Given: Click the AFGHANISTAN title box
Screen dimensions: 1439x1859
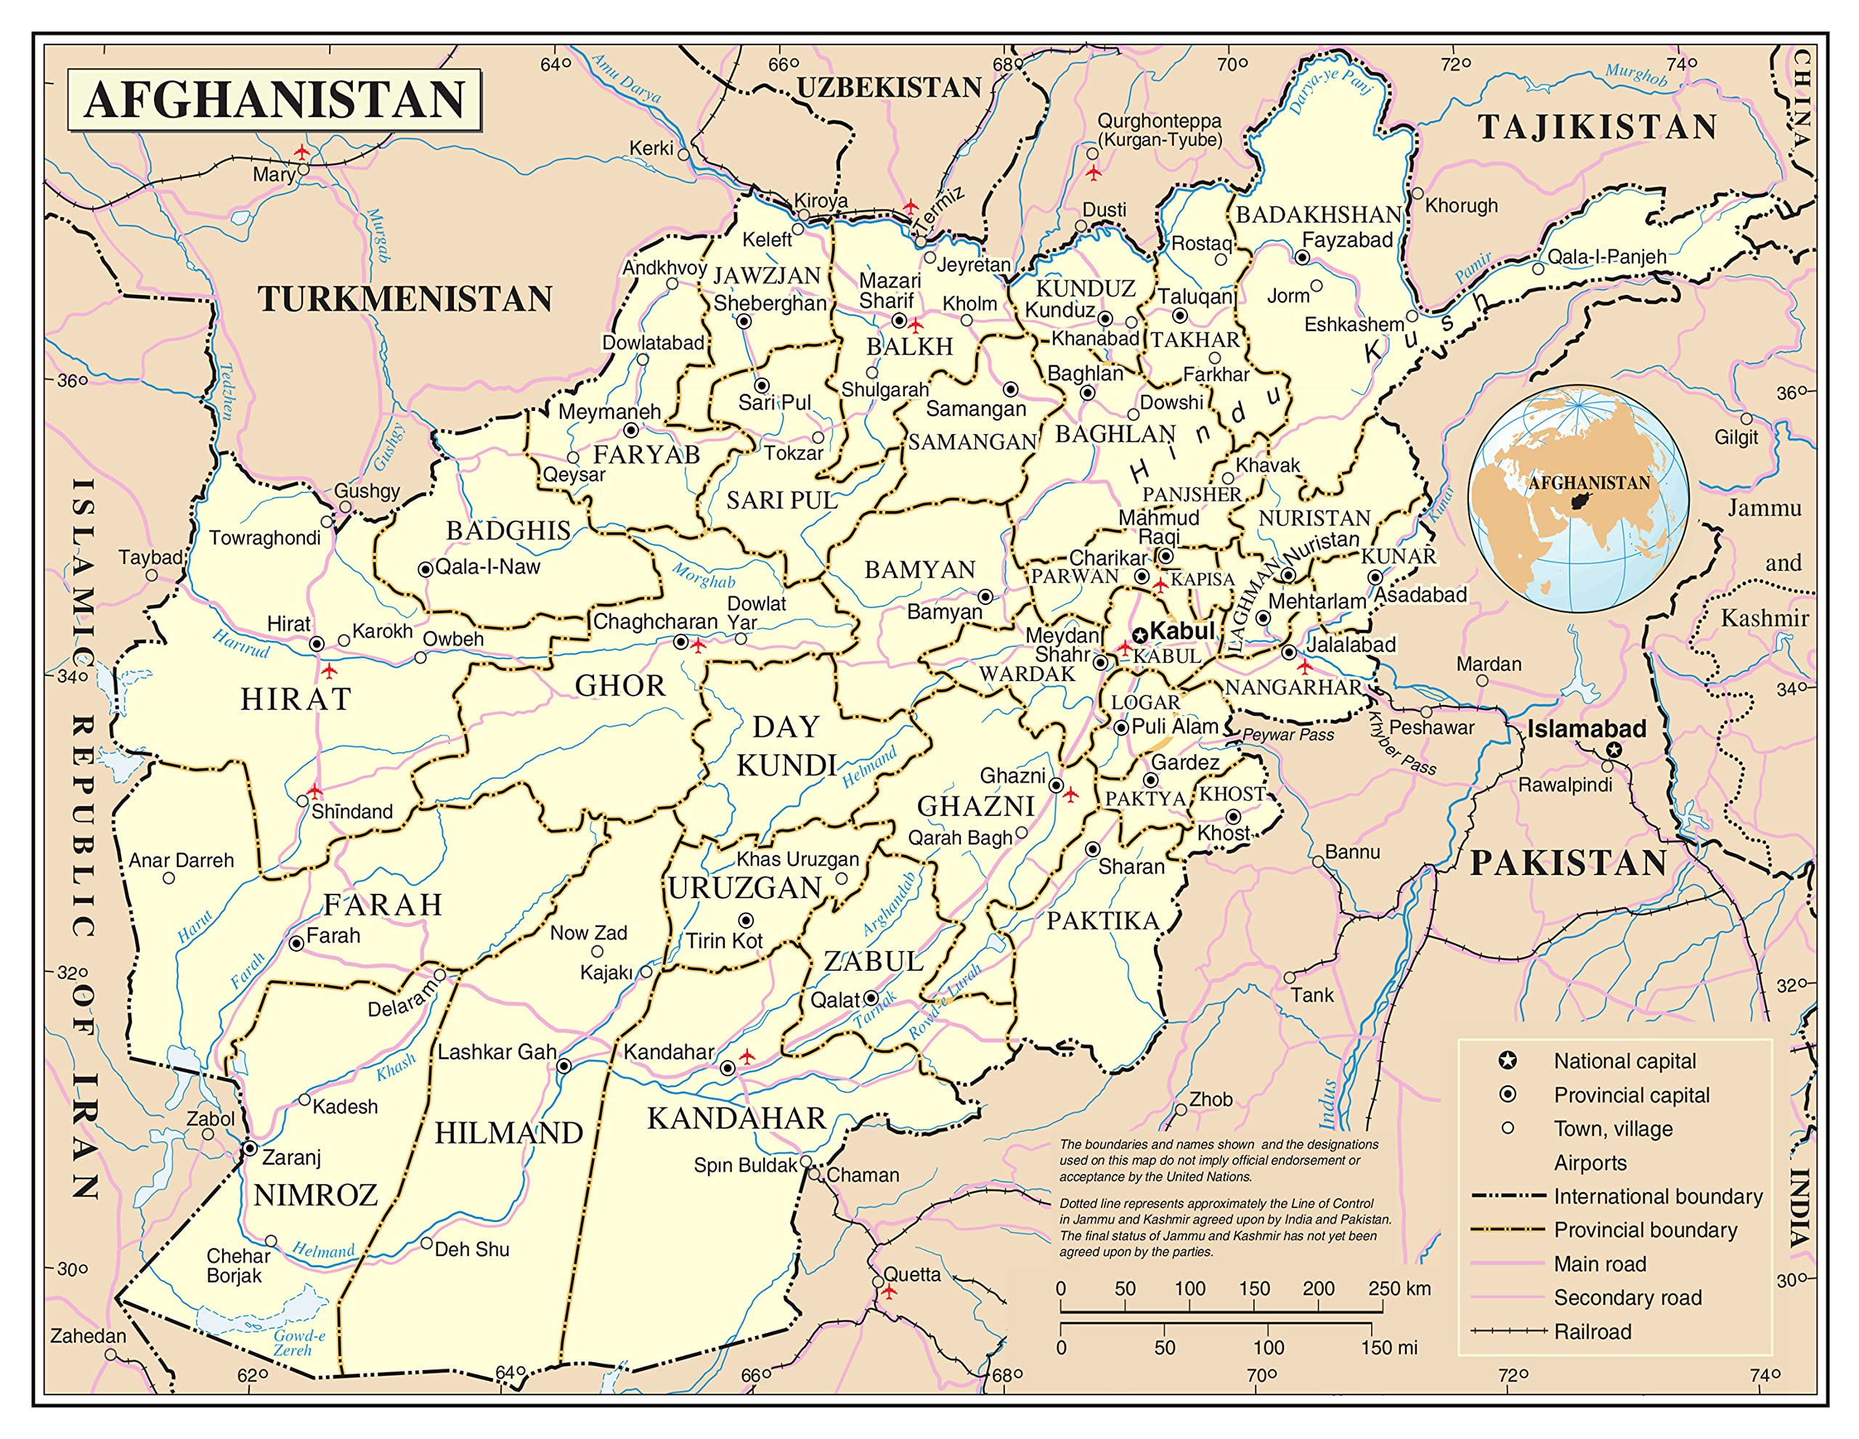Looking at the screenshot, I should click(274, 99).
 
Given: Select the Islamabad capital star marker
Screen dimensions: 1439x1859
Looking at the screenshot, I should click(1613, 750).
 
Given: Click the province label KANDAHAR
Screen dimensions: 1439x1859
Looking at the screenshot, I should click(736, 1118).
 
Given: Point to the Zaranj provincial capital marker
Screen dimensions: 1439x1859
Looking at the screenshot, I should click(251, 1149).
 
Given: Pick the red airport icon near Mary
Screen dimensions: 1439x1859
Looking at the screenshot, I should click(302, 152).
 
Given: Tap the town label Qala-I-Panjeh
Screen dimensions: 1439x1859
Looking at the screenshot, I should click(1606, 256).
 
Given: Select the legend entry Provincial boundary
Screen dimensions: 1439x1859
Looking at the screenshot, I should click(1645, 1230).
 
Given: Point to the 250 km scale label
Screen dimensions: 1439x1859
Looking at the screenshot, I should click(1399, 1289).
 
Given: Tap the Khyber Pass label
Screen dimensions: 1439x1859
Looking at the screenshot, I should click(1401, 743).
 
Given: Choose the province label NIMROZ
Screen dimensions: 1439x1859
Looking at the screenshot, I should click(316, 1196).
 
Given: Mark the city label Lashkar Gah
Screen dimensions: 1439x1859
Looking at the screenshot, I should click(497, 1053).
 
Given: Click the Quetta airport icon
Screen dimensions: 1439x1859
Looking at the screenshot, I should click(890, 1292).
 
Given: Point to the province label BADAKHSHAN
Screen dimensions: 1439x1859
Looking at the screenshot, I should click(1318, 214).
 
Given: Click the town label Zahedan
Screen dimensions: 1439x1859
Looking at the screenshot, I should click(88, 1336).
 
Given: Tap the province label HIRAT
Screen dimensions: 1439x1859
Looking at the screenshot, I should click(296, 699).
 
